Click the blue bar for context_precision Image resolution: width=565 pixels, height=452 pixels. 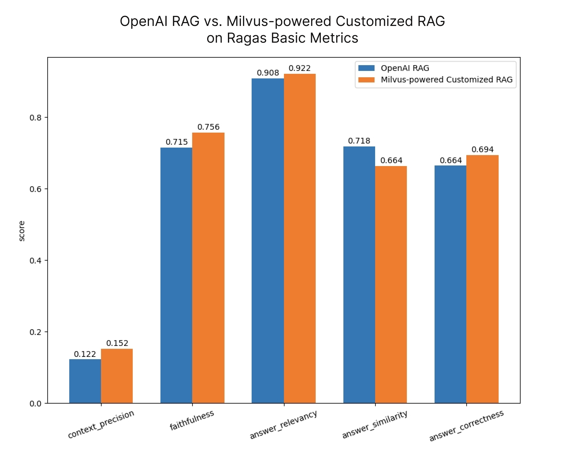pos(85,381)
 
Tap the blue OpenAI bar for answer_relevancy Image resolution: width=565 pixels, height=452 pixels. pos(267,240)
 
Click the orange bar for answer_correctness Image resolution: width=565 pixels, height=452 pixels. pos(482,279)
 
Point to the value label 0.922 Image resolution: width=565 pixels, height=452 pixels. pos(300,68)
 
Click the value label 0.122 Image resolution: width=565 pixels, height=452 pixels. pos(85,354)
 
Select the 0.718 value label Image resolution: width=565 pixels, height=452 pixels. pos(359,141)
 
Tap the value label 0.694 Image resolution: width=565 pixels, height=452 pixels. pos(482,150)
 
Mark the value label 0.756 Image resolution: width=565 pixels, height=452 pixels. pos(208,127)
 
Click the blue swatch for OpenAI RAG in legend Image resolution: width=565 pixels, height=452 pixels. pos(366,68)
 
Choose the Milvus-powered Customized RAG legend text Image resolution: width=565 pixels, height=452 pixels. pos(446,80)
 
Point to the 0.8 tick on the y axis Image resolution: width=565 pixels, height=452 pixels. pos(35,118)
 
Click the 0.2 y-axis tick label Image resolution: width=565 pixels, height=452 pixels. pos(35,332)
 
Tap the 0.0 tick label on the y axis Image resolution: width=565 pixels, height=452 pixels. pos(35,404)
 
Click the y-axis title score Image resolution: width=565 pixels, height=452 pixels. pos(22,231)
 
